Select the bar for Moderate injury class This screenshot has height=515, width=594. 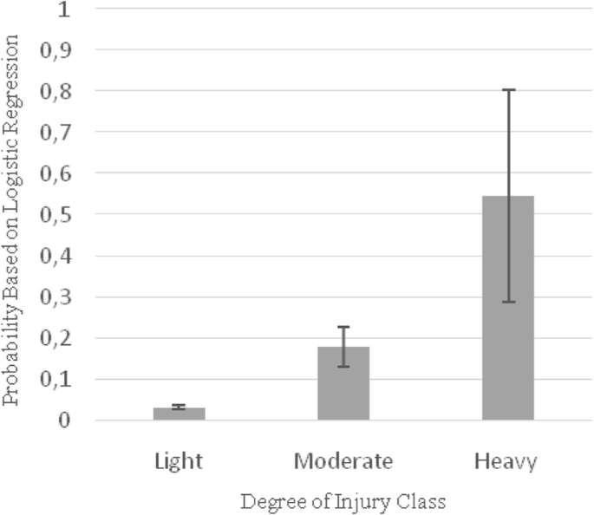point(343,383)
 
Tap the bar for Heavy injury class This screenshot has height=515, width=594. point(507,308)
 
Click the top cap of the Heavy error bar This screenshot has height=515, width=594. point(507,89)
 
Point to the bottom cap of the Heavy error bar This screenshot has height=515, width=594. point(507,302)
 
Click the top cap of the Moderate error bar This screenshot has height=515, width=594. point(343,327)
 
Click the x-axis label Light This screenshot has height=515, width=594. point(179,460)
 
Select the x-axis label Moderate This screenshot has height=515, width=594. point(343,460)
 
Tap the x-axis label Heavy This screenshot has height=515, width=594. point(506,461)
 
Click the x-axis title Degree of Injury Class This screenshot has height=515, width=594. point(343,500)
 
